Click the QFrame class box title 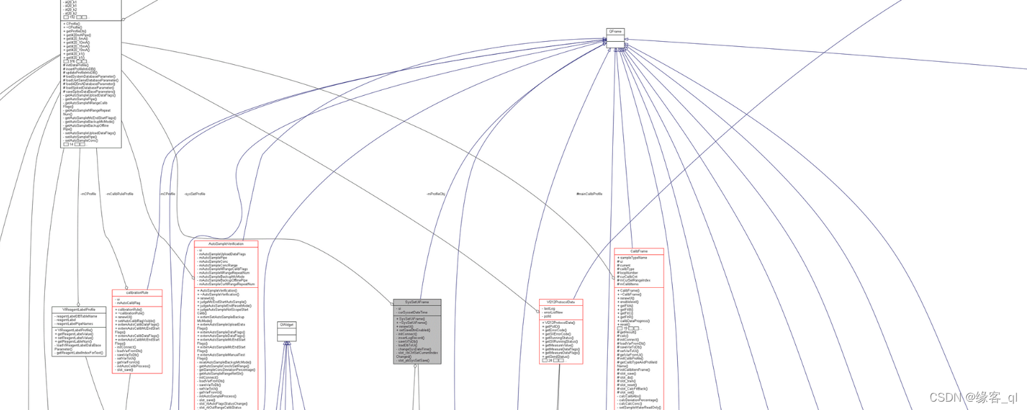[x=615, y=31]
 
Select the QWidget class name [x=286, y=325]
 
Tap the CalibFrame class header [x=639, y=251]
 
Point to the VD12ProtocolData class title [x=560, y=302]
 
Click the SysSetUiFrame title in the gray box [x=417, y=302]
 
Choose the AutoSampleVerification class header [x=226, y=244]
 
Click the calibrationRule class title [x=137, y=292]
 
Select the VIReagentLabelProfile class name [x=79, y=310]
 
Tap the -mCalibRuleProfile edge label [x=120, y=193]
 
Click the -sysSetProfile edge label [x=194, y=193]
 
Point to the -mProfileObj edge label [x=435, y=193]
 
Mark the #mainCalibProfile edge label [x=589, y=193]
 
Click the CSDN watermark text [x=973, y=398]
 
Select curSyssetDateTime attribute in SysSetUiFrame [x=413, y=312]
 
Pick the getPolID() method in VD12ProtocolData [x=552, y=326]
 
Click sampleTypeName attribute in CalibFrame [x=634, y=258]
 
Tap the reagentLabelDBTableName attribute [x=76, y=316]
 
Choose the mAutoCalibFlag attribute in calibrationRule [x=129, y=303]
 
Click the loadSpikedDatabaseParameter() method [x=90, y=88]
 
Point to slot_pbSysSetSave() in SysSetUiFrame [x=414, y=361]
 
